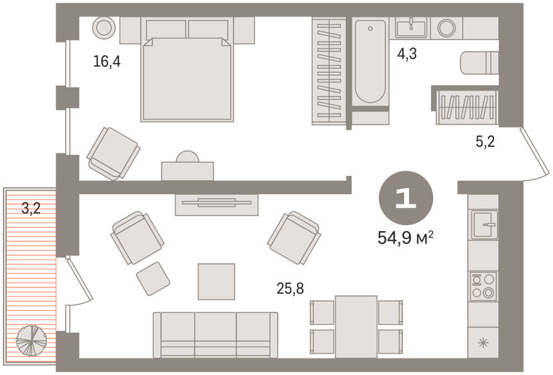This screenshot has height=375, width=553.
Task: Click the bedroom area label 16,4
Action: click(107, 62)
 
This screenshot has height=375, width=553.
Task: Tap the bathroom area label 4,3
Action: click(407, 54)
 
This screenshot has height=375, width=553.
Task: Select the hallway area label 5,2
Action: click(485, 141)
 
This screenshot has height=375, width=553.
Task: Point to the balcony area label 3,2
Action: click(31, 208)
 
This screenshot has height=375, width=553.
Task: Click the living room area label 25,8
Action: click(290, 289)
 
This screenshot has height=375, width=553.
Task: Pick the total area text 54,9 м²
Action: click(406, 238)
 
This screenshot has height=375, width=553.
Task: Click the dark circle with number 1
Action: click(406, 198)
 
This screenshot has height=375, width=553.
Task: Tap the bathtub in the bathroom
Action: click(370, 62)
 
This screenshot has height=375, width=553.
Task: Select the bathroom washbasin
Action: click(411, 28)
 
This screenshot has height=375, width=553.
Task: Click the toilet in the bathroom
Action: click(480, 63)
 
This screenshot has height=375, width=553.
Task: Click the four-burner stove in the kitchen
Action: click(483, 286)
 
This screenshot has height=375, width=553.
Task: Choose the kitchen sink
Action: click(485, 224)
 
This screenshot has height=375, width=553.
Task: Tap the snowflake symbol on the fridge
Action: click(483, 342)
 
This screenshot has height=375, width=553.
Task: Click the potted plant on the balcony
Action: click(32, 340)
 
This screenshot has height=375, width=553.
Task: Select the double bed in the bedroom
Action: click(187, 70)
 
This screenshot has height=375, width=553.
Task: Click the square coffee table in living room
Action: click(217, 282)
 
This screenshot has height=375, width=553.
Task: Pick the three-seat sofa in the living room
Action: click(215, 335)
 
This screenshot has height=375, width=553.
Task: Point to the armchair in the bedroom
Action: click(113, 153)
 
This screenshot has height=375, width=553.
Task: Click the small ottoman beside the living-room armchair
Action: click(153, 279)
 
